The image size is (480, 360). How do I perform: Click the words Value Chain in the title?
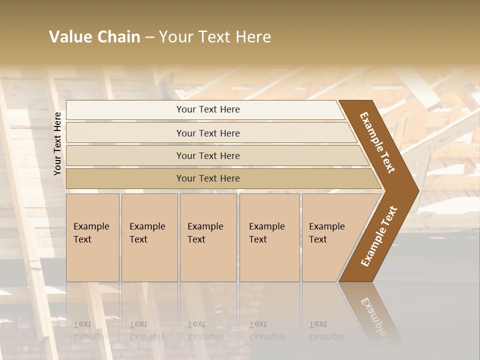[94, 37]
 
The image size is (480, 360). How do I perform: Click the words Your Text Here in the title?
[215, 37]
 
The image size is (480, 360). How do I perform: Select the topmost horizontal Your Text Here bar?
[208, 109]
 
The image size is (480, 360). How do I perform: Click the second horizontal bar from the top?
[208, 133]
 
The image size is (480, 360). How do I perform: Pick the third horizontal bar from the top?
[208, 155]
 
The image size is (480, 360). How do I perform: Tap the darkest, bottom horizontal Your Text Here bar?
[208, 178]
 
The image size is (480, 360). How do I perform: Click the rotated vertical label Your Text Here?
[57, 143]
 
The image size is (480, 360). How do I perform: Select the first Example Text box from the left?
[92, 237]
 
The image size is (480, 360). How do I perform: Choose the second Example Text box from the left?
[149, 237]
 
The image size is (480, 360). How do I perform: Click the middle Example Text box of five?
[208, 237]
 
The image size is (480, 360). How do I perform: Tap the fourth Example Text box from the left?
[269, 237]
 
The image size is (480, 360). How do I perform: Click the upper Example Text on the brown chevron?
[377, 142]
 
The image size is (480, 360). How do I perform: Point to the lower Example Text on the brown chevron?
[378, 236]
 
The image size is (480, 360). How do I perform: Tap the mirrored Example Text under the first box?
[91, 330]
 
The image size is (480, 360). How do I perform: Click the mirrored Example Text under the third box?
[205, 330]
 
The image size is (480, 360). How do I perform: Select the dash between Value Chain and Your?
[149, 37]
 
